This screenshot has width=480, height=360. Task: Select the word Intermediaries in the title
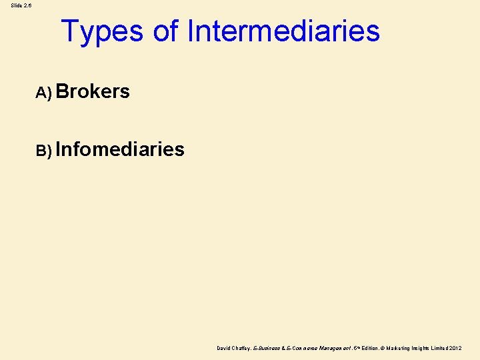tap(283, 31)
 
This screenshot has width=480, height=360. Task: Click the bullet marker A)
tap(43, 93)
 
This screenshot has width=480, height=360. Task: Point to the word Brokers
tap(93, 92)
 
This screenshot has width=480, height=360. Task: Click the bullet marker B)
tap(43, 151)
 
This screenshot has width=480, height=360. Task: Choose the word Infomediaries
tap(120, 149)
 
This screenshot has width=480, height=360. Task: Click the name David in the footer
tap(224, 348)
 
